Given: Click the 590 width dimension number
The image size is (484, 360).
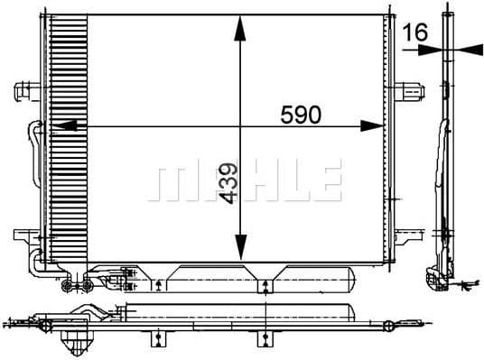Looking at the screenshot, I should point(301,115).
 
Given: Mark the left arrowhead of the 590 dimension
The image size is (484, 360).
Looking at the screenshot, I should point(63,127).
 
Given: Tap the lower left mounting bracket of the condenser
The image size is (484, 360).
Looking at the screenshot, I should point(24,236).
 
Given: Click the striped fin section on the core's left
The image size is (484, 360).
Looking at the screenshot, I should point(67,144).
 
